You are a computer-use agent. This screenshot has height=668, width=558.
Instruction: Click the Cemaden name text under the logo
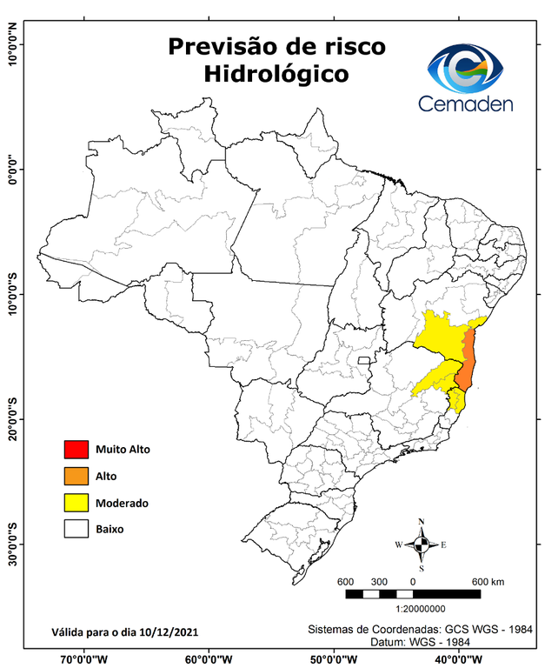(x=466, y=104)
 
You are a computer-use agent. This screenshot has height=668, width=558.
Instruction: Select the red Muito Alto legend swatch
(x=76, y=450)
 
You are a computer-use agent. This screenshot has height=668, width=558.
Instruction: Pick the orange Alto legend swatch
(x=76, y=476)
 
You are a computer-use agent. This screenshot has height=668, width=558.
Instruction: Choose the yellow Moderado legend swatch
(x=76, y=503)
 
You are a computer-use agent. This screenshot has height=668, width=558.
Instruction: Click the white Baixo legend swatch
(x=76, y=529)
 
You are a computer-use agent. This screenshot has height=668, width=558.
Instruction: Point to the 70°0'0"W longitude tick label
(x=84, y=658)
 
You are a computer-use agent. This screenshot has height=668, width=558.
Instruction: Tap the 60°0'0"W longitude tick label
(x=209, y=658)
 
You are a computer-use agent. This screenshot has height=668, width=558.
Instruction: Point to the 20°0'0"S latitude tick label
(x=12, y=419)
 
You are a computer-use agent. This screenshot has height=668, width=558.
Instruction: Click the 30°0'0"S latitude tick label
(x=12, y=544)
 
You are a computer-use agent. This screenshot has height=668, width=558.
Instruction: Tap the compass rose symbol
(x=421, y=545)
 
